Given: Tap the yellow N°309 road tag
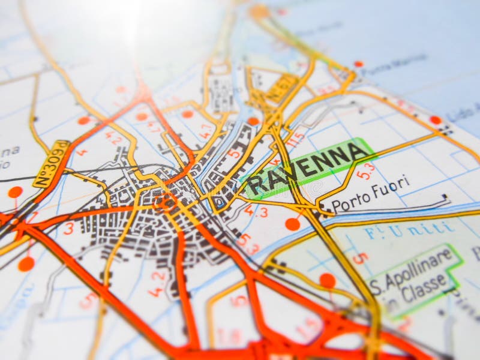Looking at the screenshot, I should [51, 164].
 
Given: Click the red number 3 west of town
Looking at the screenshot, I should [68, 228].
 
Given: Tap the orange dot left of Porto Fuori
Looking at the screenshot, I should [292, 224].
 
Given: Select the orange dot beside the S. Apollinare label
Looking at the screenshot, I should [328, 280].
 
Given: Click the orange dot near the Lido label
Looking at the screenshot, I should [435, 120].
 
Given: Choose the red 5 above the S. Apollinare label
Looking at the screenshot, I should [359, 258].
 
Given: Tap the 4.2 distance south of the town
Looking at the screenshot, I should [157, 284].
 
